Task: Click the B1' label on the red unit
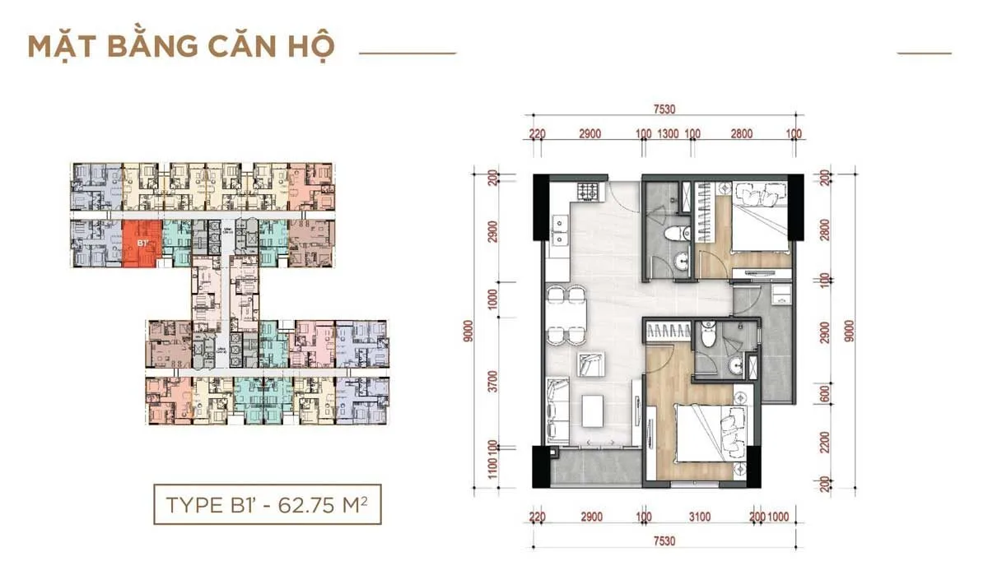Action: point(142,244)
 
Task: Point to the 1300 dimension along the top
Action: point(669,133)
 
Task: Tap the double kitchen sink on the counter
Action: point(558,230)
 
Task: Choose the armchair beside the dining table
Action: point(590,364)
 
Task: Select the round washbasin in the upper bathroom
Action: point(682,262)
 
